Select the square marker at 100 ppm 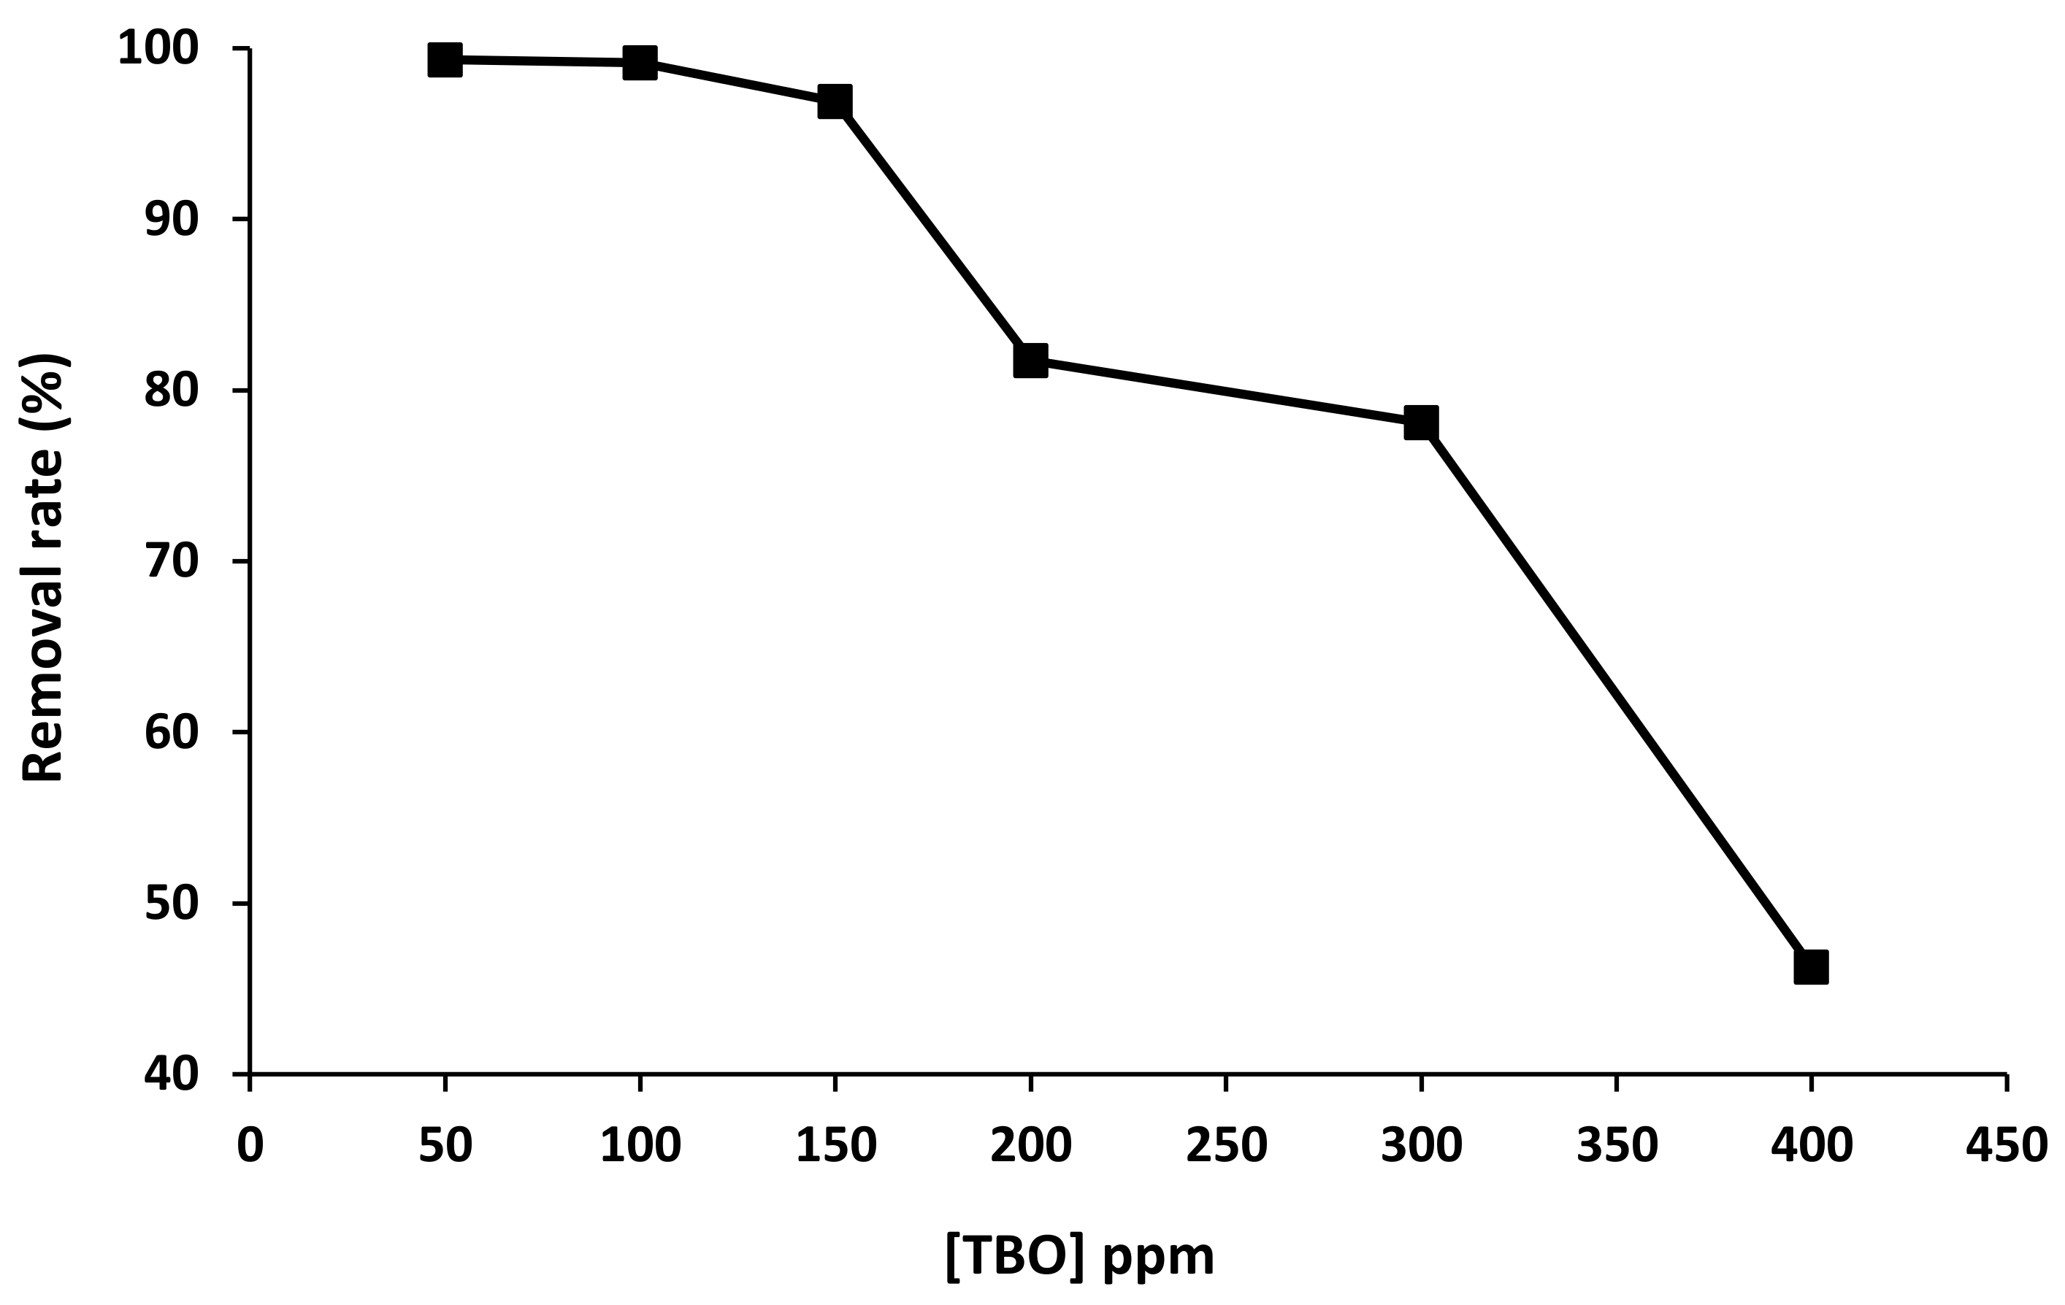click(640, 63)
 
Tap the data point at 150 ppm click(835, 101)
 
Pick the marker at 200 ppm click(1030, 360)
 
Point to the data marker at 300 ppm click(1421, 423)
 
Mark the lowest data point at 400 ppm click(1811, 966)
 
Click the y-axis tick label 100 click(158, 49)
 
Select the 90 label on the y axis click(172, 220)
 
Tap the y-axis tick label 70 click(172, 561)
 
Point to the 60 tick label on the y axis click(172, 732)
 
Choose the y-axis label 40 click(172, 1074)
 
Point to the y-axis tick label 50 click(172, 903)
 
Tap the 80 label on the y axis click(172, 391)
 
